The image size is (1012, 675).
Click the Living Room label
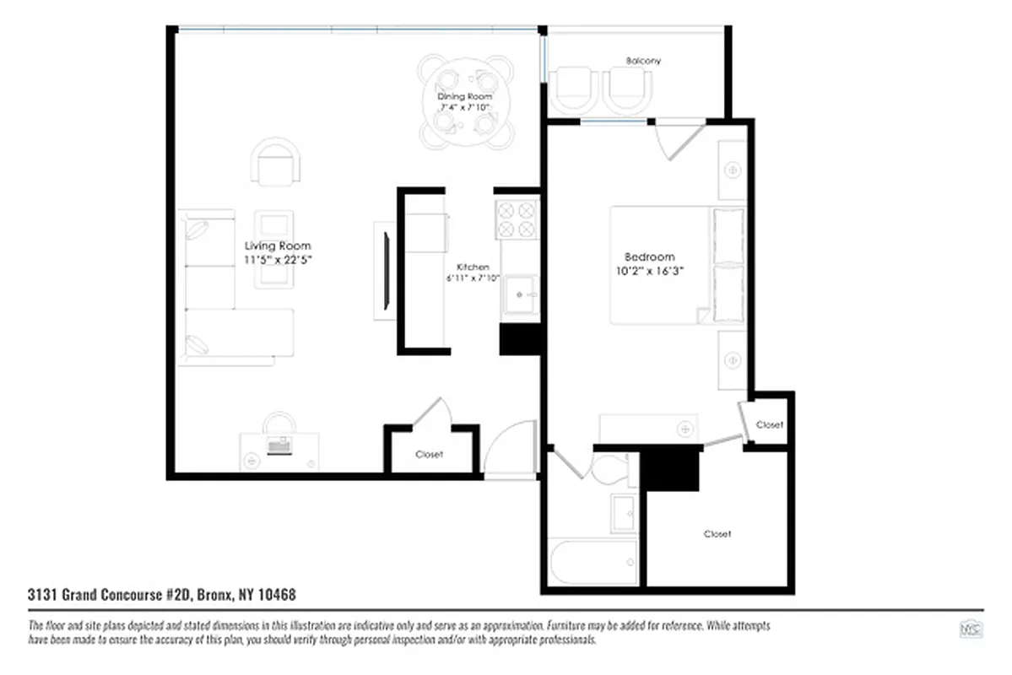pos(277,246)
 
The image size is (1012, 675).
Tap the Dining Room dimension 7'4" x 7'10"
pos(465,107)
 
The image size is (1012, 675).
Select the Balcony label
pos(643,61)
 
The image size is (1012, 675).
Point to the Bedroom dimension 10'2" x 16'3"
pos(649,271)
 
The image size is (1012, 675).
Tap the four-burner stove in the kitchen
pos(517,219)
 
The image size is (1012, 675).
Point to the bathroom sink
pos(625,512)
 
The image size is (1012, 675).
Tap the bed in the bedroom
pos(667,264)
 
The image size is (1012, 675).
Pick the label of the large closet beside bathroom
pos(717,533)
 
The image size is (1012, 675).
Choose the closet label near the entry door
pos(429,454)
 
